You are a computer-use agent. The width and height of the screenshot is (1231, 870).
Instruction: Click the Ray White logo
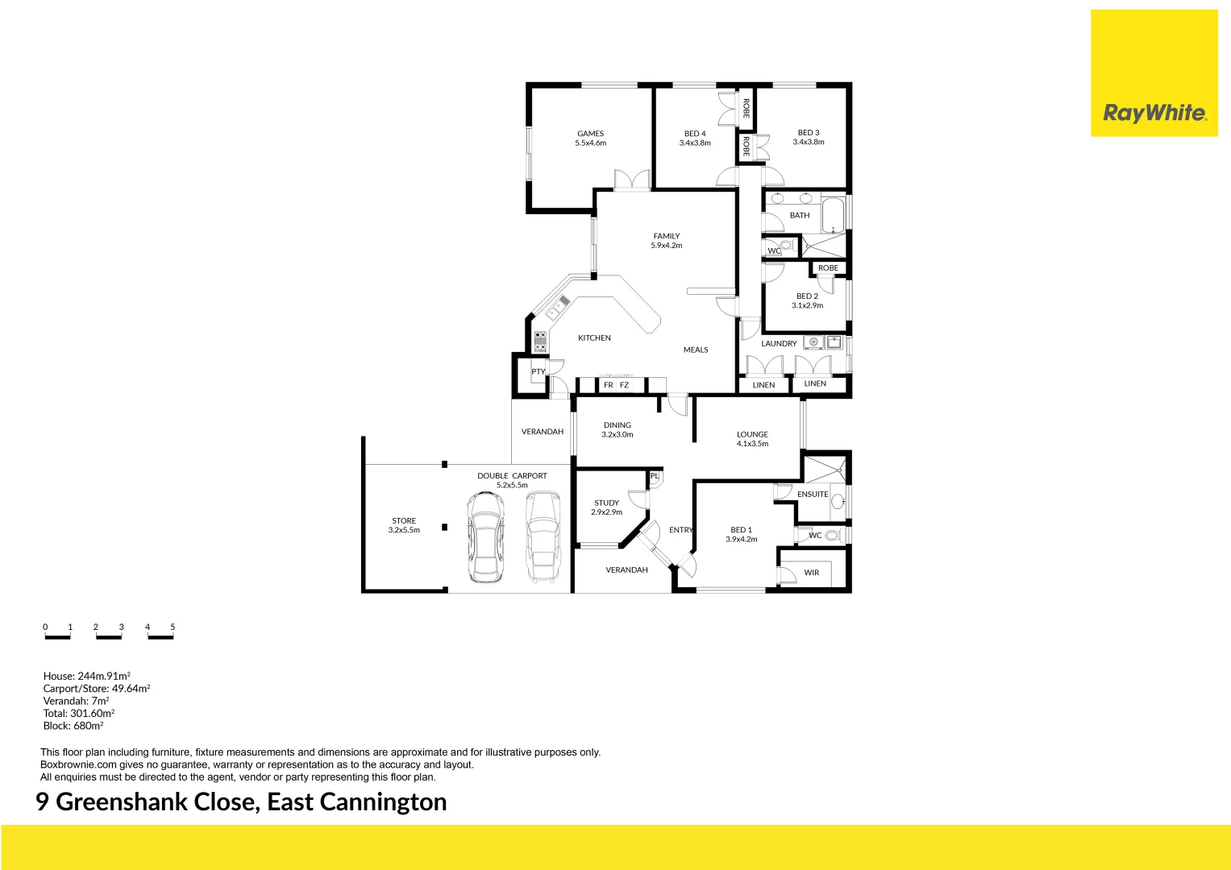click(1154, 113)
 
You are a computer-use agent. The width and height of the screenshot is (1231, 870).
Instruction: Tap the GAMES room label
click(590, 138)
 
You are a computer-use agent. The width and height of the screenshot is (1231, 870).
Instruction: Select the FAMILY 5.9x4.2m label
click(667, 241)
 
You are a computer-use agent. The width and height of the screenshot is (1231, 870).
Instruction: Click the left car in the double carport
click(486, 536)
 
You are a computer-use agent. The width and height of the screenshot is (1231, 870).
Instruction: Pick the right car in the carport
click(543, 536)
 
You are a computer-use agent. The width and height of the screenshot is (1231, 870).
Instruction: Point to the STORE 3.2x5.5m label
click(404, 525)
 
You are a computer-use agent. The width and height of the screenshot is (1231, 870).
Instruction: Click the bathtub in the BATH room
click(833, 216)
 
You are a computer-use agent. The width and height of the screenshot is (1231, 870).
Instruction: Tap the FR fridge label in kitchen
click(609, 385)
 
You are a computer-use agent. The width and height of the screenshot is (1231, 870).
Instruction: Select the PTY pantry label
click(538, 371)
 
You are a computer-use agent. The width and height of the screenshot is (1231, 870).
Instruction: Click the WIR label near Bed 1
click(811, 573)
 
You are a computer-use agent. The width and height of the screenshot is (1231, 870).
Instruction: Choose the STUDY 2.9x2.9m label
click(607, 507)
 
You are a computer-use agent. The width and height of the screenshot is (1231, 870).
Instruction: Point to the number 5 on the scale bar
click(173, 627)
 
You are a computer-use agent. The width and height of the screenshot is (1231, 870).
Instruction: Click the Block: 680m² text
click(73, 726)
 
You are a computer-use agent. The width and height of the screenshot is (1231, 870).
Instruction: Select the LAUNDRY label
click(779, 343)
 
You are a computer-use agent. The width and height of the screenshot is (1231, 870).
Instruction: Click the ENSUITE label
click(813, 494)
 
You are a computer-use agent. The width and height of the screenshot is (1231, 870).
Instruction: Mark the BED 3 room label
click(809, 137)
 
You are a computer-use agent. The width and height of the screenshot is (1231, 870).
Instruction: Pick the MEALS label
click(696, 350)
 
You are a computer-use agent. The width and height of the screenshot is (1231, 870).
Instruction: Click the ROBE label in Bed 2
click(828, 268)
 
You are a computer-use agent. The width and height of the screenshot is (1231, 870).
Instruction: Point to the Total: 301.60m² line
click(79, 713)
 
